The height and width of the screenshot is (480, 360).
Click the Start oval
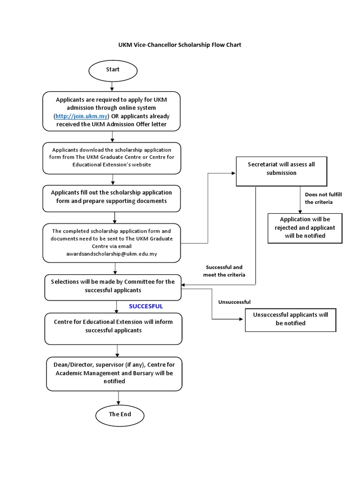[112, 70]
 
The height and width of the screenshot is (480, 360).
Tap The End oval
[120, 414]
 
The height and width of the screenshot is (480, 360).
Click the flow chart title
[180, 45]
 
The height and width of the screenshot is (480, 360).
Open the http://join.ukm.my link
[82, 116]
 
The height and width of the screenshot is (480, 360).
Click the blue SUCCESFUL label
[146, 306]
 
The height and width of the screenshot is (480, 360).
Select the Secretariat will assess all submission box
[281, 169]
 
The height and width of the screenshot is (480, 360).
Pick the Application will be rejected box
[305, 227]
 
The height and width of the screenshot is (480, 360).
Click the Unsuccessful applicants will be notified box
[290, 319]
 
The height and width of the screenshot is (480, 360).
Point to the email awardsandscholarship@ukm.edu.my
[111, 254]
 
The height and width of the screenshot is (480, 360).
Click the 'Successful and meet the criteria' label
[224, 270]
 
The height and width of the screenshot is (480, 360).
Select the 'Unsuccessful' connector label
[234, 302]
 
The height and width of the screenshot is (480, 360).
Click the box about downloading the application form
[112, 157]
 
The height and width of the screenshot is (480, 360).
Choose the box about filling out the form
[112, 197]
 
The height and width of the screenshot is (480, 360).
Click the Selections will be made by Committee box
[112, 286]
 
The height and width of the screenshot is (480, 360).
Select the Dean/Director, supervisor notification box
[114, 374]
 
